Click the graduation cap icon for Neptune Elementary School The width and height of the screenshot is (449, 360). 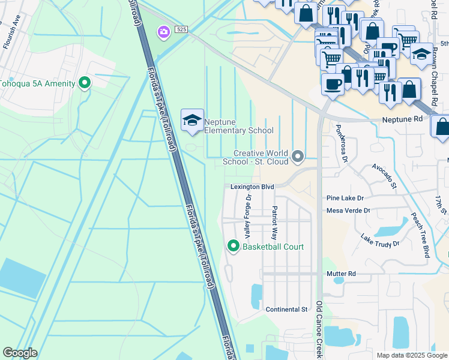coord(192,121)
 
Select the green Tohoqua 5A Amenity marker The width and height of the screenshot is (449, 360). coord(85,83)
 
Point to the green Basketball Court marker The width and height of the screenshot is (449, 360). coord(233,247)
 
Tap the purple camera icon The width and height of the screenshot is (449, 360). coord(163,32)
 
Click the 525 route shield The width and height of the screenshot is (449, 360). coord(182,29)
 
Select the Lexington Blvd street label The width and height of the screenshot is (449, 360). coord(252,187)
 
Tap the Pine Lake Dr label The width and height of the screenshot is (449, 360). coord(345,198)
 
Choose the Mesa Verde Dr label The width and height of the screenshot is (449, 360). coord(348,211)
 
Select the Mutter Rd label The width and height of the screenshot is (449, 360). coord(342,274)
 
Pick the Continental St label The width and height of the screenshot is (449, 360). coord(286,310)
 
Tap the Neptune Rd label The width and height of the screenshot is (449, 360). coord(402,119)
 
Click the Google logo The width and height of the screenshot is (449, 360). coord(20,353)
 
